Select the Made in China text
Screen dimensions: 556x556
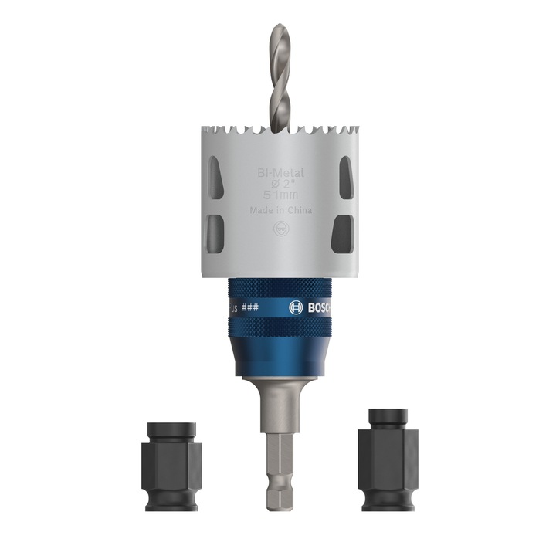(281, 211)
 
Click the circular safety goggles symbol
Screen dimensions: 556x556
(280, 229)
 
